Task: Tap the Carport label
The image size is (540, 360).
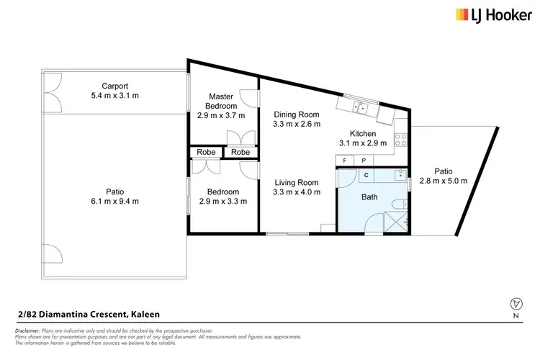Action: pos(114,84)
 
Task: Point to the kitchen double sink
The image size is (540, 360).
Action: pos(362,108)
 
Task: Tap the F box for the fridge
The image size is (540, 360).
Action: pos(346,160)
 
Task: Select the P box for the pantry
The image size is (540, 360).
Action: pos(364,160)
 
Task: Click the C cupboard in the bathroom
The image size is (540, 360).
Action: pos(366,175)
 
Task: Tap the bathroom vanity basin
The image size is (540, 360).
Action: pos(401,175)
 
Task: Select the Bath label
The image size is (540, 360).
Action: pos(369,197)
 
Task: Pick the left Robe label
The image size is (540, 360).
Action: pos(205,152)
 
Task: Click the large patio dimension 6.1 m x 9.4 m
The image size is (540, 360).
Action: pos(114,202)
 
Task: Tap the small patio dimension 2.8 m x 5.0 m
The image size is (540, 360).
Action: pos(444,181)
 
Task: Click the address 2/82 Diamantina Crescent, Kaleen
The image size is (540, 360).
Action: pos(87,314)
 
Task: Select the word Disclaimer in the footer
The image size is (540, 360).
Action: pos(27,329)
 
